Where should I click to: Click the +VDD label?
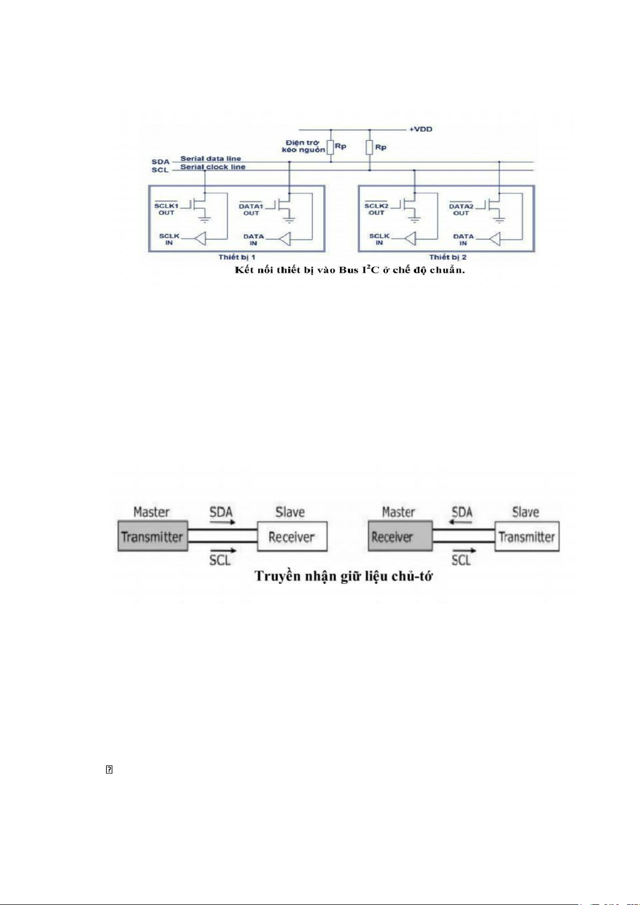(420, 129)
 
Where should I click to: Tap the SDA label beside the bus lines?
(160, 161)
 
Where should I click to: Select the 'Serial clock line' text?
(213, 167)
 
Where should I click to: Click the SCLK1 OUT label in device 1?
(166, 209)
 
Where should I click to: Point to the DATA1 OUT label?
(251, 209)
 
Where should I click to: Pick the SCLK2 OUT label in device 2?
(376, 209)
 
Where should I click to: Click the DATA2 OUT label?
(461, 209)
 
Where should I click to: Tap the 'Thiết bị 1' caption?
(237, 257)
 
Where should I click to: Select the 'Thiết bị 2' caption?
(448, 257)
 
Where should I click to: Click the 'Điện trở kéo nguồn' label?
(303, 146)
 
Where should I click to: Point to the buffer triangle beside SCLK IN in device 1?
(200, 238)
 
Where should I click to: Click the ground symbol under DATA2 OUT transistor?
(499, 220)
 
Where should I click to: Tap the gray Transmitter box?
(152, 537)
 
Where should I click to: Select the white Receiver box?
(292, 537)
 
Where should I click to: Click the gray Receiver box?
(399, 537)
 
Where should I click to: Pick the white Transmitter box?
(527, 537)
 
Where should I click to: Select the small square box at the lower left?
(109, 770)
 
